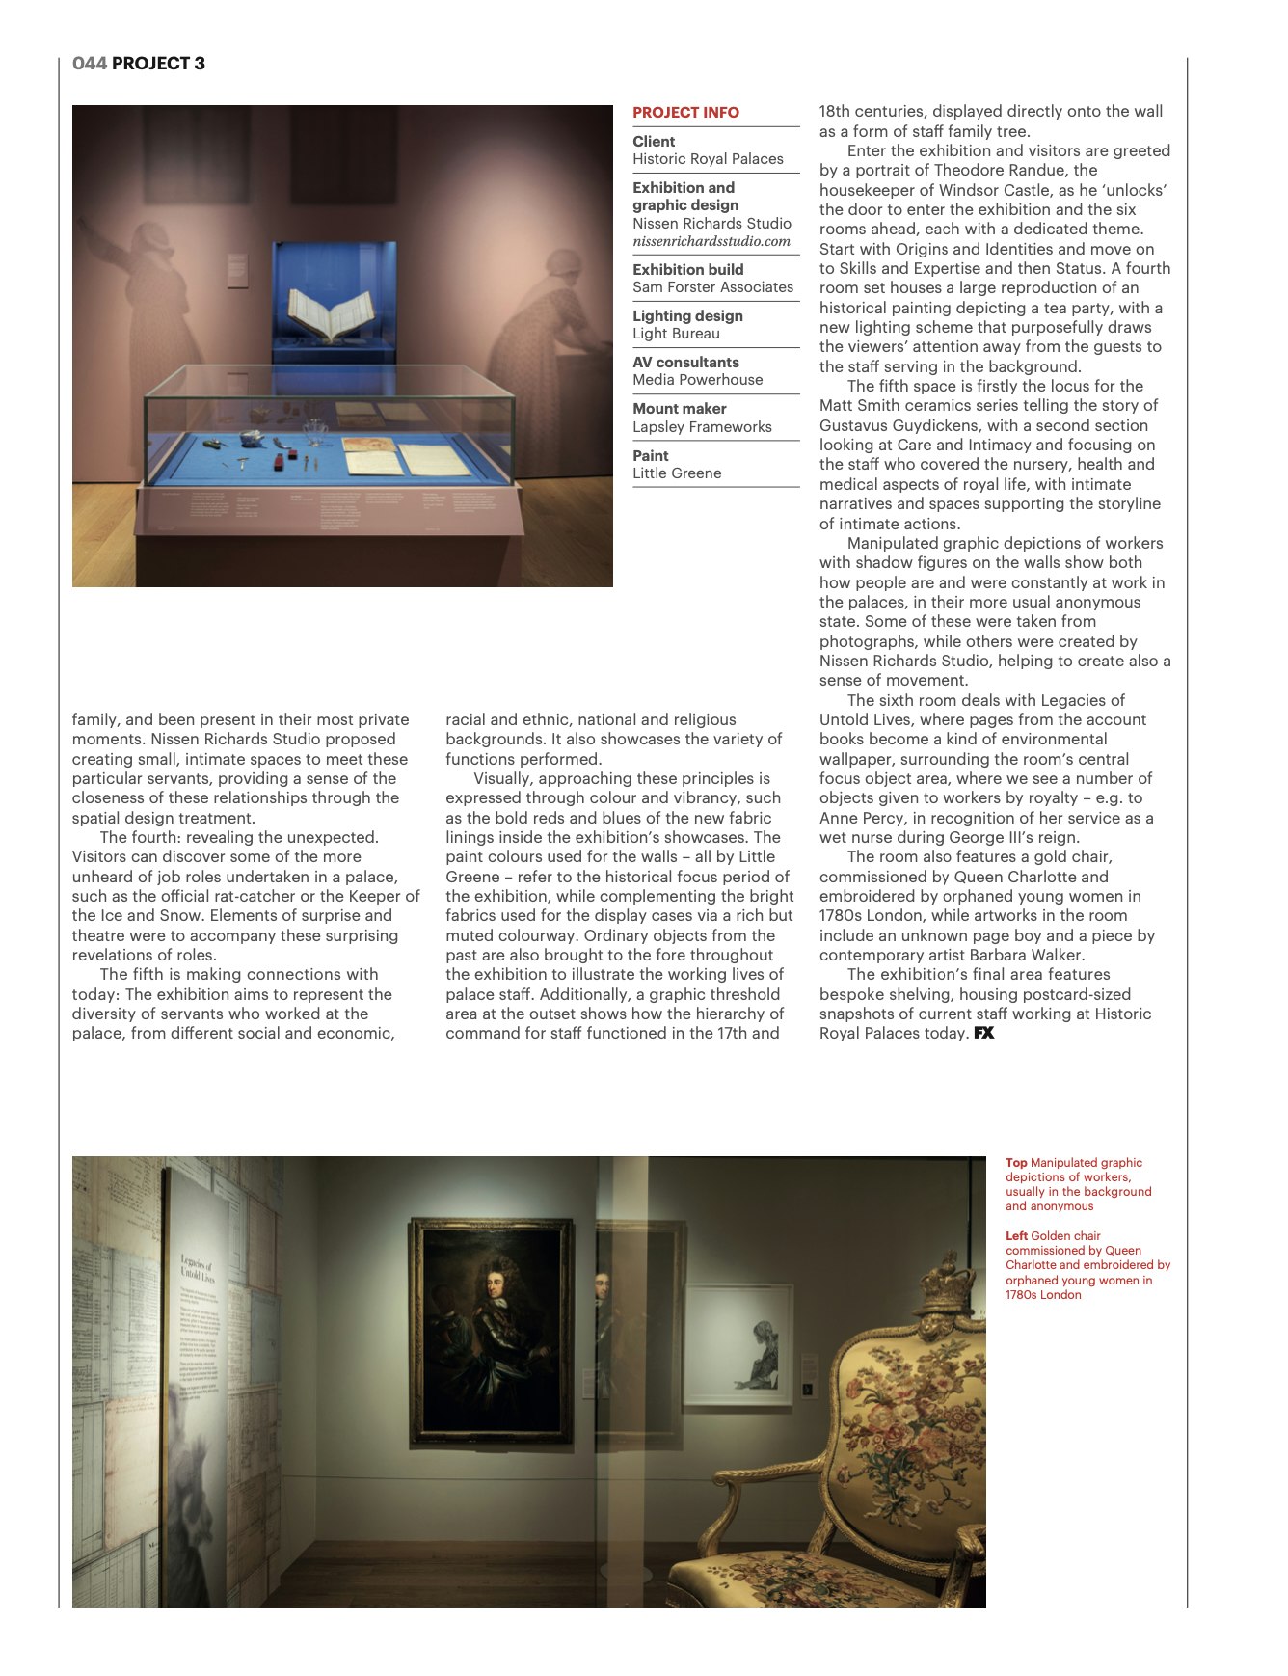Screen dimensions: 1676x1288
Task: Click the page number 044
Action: click(x=89, y=64)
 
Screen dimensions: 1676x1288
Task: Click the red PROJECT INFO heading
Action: click(x=685, y=113)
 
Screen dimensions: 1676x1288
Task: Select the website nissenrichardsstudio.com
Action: click(x=711, y=241)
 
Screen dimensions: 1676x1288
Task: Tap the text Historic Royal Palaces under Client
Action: click(x=708, y=159)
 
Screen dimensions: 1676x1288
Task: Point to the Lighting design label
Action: click(x=687, y=316)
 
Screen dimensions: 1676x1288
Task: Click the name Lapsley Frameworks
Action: click(x=702, y=427)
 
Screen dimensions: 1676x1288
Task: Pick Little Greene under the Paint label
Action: click(x=677, y=473)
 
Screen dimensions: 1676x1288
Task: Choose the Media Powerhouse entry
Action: click(x=697, y=380)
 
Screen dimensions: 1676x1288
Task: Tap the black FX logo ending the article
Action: click(x=983, y=1033)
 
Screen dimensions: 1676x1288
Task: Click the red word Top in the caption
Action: click(x=1016, y=1163)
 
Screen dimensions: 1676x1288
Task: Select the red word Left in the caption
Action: click(x=1016, y=1236)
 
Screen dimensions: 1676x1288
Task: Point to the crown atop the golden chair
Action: click(x=949, y=1283)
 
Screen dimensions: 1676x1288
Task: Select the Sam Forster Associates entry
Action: click(x=712, y=287)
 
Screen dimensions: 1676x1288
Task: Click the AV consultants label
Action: click(x=685, y=363)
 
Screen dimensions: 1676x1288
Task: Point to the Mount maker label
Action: click(x=679, y=409)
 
